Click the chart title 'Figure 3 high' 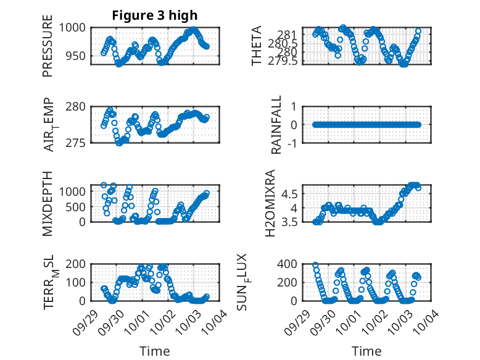click(154, 15)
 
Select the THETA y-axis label click(257, 46)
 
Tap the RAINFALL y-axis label click(277, 124)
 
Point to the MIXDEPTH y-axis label click(48, 203)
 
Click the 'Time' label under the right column click(366, 351)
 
